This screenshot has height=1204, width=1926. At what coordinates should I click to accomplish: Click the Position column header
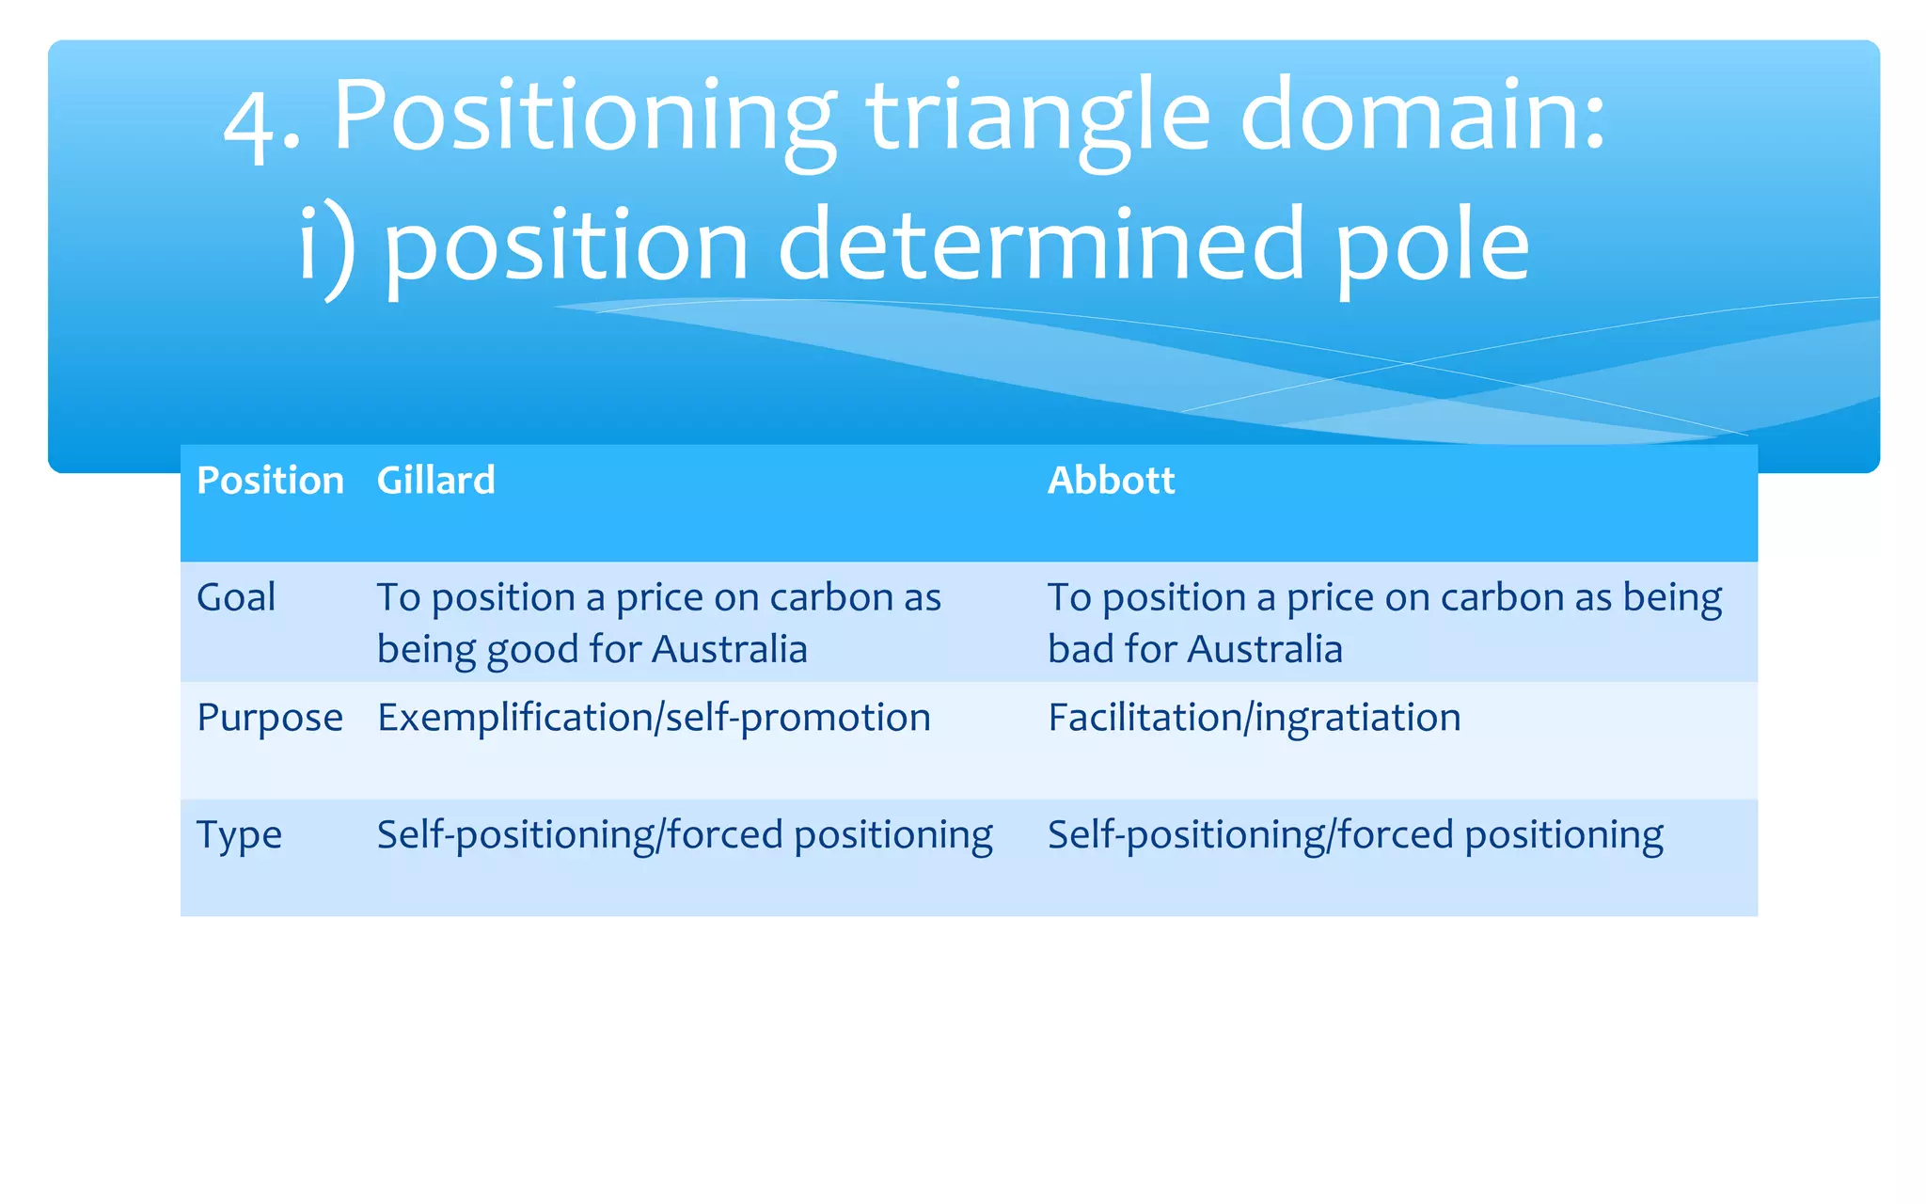click(270, 481)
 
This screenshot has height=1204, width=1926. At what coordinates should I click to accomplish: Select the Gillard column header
click(435, 481)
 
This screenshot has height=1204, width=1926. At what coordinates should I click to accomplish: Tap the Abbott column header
click(1111, 481)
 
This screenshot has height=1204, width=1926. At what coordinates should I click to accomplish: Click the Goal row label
click(236, 597)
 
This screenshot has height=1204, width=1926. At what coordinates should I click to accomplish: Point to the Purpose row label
click(270, 719)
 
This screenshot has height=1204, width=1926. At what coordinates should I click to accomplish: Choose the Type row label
click(239, 835)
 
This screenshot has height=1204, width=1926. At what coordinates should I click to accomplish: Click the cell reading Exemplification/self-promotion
click(654, 719)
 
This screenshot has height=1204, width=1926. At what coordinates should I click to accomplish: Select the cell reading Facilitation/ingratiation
click(1254, 719)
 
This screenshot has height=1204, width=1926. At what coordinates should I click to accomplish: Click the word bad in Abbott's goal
click(1080, 650)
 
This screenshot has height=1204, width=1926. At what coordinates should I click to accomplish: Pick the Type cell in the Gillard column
click(685, 835)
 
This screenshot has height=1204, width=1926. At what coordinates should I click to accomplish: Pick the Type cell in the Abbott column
click(1355, 835)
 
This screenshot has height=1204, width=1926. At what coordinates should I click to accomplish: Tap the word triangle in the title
click(1038, 118)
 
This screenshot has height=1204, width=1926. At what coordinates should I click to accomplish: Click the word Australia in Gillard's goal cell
click(729, 650)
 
